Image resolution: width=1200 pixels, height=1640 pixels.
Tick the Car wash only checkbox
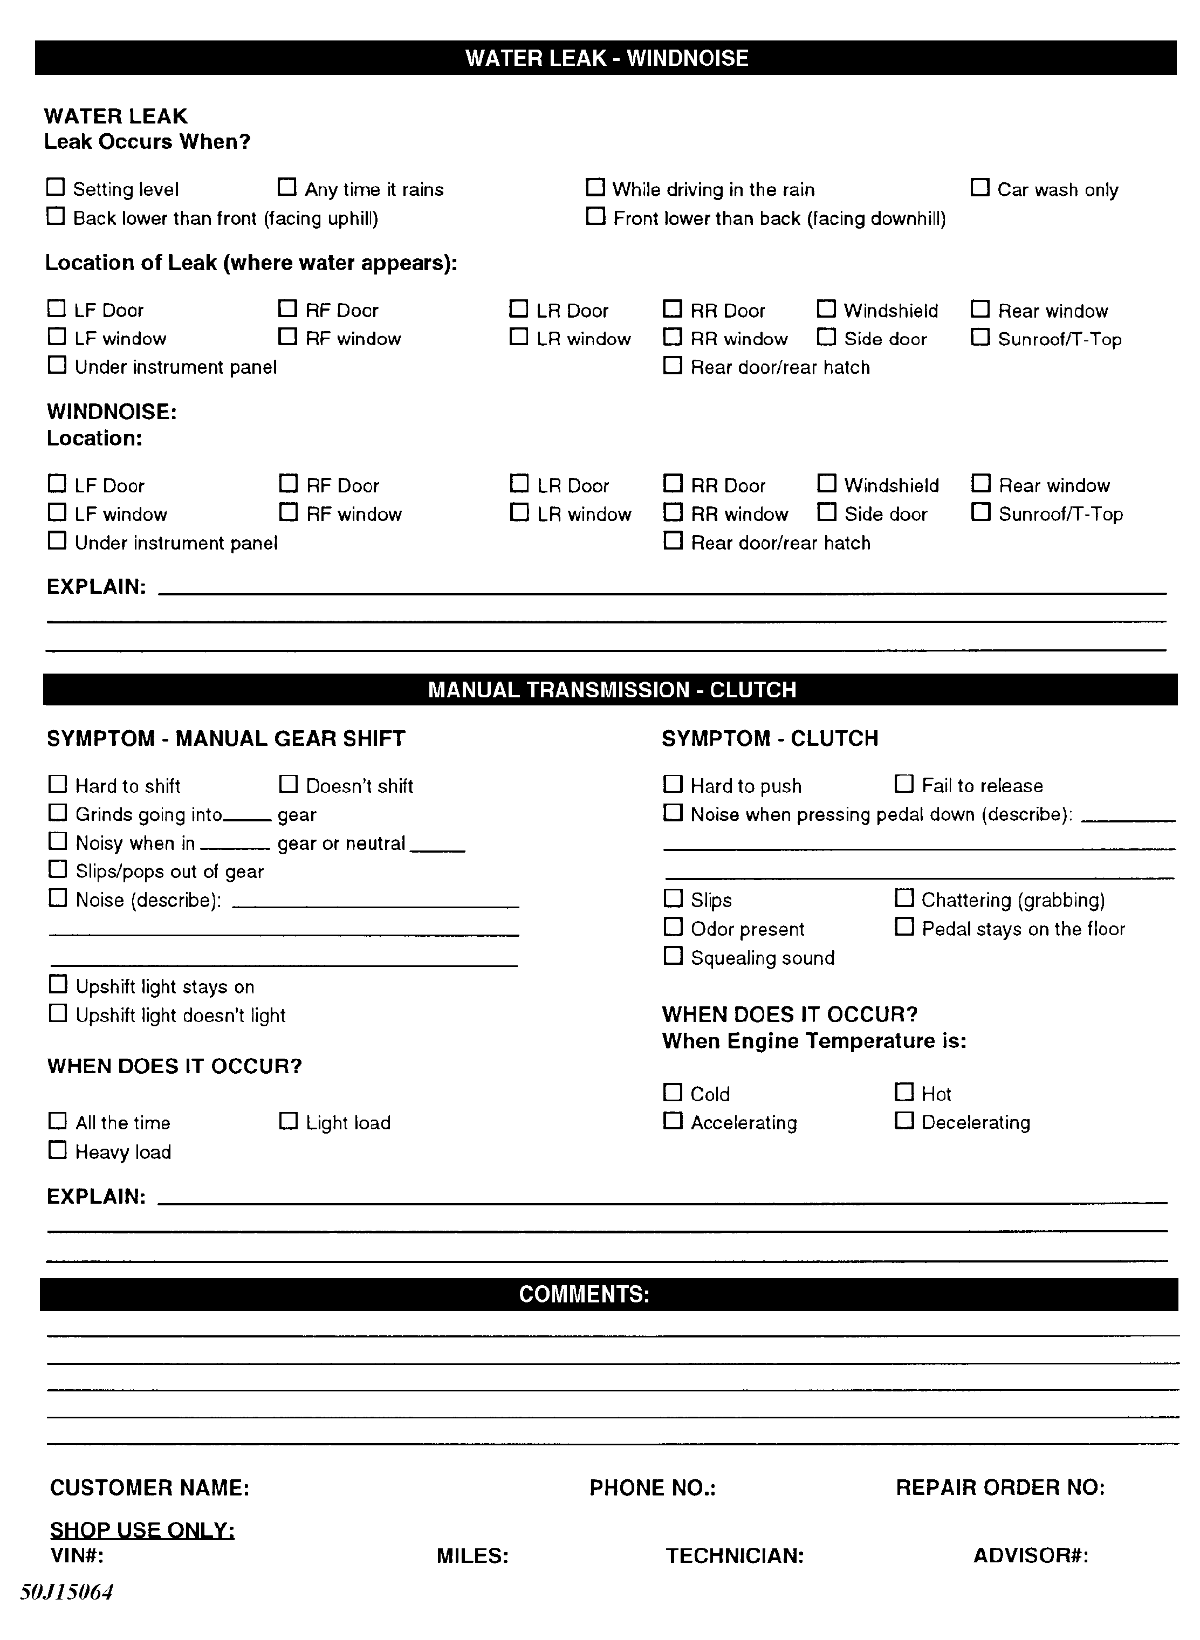click(980, 187)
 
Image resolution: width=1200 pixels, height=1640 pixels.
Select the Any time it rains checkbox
click(287, 187)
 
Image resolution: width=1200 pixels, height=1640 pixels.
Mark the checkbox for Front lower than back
click(595, 216)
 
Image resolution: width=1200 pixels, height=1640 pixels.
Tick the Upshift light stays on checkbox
click(57, 985)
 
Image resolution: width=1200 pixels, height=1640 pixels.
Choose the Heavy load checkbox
click(57, 1150)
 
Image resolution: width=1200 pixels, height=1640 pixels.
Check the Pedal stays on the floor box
click(903, 927)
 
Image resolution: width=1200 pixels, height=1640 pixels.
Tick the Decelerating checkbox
click(903, 1121)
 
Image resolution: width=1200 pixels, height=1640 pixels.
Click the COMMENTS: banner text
click(584, 1294)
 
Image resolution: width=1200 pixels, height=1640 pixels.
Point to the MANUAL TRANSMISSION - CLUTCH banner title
click(612, 689)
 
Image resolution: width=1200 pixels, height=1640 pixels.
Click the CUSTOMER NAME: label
click(149, 1487)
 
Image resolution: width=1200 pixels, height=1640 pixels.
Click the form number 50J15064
click(66, 1592)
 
